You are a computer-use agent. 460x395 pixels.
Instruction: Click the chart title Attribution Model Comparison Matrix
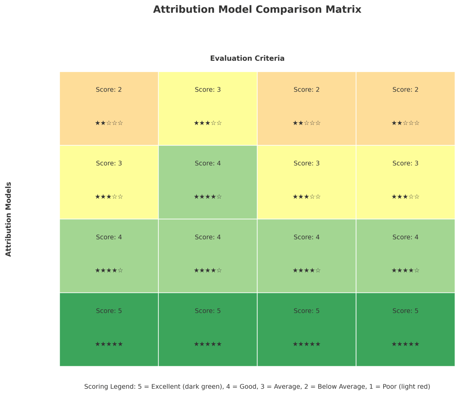point(257,10)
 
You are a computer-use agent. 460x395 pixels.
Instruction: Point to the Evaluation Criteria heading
point(247,58)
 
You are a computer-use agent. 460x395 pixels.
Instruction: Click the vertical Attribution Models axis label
point(8,219)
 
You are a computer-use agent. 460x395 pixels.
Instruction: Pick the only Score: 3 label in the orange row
point(208,90)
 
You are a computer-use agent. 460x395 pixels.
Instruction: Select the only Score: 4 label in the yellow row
point(208,163)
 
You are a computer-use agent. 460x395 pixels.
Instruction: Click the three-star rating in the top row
point(208,123)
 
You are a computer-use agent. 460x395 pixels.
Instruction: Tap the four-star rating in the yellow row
point(208,197)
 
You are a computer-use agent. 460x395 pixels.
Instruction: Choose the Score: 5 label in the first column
point(109,311)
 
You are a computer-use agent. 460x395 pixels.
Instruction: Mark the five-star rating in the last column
point(405,344)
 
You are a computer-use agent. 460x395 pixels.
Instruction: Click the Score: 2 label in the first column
point(109,90)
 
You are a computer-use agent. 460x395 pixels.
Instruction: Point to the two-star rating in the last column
point(405,123)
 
